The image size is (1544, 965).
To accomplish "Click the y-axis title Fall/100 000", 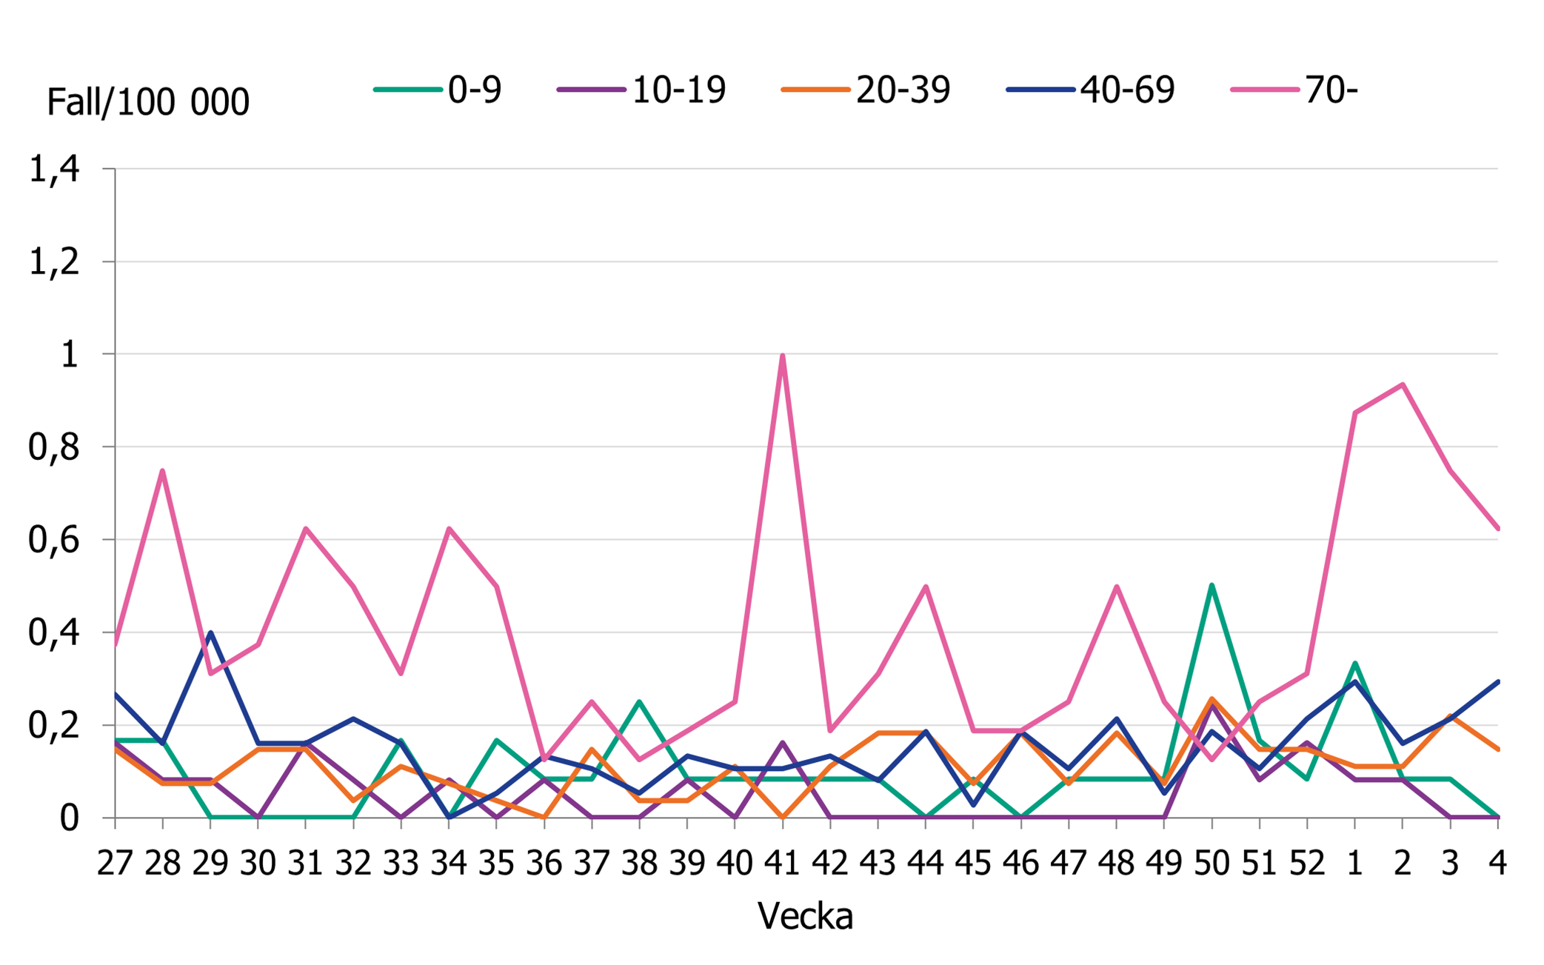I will tap(147, 102).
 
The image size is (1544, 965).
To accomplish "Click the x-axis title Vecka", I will tap(805, 916).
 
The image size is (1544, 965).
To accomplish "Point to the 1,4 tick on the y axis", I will tap(53, 170).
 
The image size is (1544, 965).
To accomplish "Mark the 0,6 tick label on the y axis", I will tap(53, 540).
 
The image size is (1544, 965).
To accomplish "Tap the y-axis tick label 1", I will tap(69, 355).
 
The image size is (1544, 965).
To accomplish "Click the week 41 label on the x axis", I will tap(782, 863).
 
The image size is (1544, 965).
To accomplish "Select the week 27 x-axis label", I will tap(115, 863).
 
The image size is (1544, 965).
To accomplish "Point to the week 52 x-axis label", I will tap(1306, 863).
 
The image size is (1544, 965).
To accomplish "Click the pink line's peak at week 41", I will tap(782, 356).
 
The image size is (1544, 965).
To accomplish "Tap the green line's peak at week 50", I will tap(1212, 586).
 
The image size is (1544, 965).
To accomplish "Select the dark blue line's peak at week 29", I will tap(210, 633).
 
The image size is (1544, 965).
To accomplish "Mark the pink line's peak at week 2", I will tap(1402, 384).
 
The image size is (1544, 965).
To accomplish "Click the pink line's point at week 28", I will tap(162, 471).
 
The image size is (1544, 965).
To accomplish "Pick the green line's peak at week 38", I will tap(639, 702).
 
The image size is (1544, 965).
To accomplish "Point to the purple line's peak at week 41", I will tap(782, 743).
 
